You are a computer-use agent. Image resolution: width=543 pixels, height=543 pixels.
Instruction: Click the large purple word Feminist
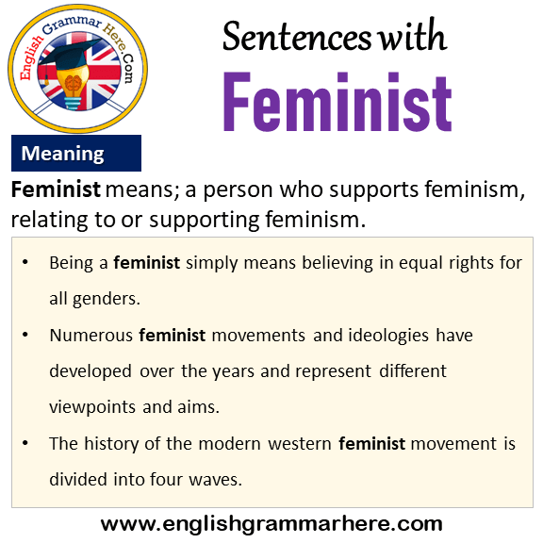click(337, 102)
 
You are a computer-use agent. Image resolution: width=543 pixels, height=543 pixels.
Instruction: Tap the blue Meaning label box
click(76, 153)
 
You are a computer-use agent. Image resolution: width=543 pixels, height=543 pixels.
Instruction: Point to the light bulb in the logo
click(73, 87)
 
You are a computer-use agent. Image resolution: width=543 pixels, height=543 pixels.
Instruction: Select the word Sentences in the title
click(297, 37)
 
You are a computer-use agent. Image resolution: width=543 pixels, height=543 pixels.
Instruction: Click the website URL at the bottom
click(271, 524)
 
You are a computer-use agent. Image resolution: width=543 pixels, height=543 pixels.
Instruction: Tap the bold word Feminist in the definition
click(56, 189)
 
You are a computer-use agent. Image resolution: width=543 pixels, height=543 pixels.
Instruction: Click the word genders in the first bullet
click(107, 299)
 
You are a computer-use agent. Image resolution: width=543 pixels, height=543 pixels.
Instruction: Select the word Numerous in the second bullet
click(91, 336)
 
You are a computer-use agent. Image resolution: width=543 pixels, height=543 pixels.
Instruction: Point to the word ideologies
click(388, 336)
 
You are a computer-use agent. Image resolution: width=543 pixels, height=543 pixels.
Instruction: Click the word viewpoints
click(92, 407)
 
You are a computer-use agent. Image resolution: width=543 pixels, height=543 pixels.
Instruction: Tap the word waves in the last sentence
click(215, 480)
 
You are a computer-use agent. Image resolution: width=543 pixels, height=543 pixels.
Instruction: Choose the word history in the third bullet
click(111, 444)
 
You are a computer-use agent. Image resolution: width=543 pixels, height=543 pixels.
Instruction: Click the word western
click(300, 444)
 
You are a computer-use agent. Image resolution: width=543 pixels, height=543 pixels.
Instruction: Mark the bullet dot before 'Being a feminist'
click(25, 262)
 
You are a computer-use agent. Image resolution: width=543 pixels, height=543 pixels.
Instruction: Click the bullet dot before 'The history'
click(25, 443)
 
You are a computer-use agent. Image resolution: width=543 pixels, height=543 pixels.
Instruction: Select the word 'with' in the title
click(412, 35)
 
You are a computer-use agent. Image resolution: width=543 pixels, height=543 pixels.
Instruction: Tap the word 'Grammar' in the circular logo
click(72, 25)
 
